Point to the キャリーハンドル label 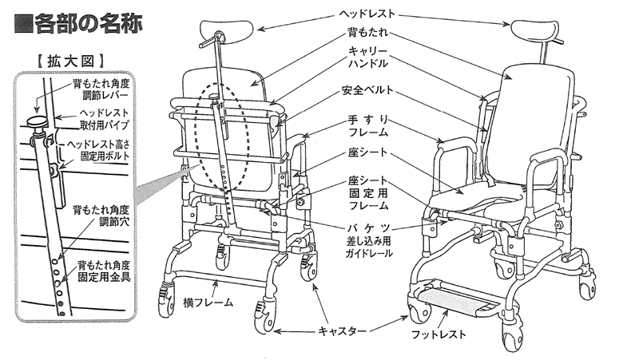click(x=368, y=57)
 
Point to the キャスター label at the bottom click(x=344, y=330)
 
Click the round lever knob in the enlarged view click(x=38, y=122)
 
